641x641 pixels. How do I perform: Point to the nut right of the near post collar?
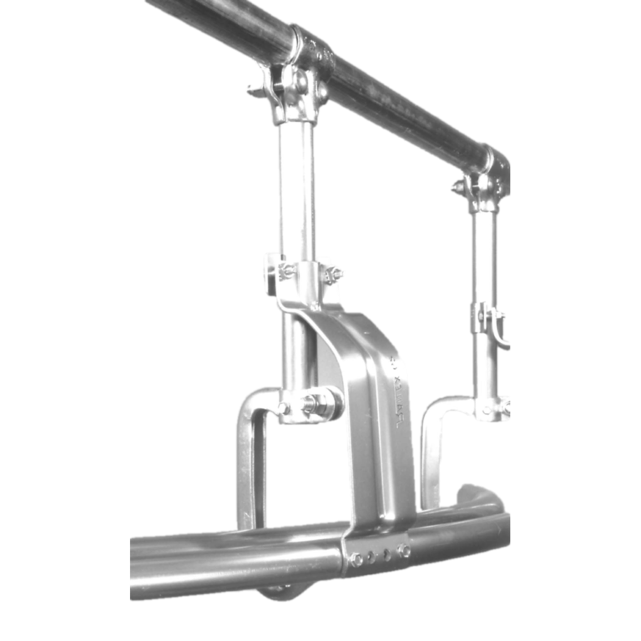pyautogui.click(x=333, y=273)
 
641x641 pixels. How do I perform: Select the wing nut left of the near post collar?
pyautogui.click(x=285, y=270)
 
